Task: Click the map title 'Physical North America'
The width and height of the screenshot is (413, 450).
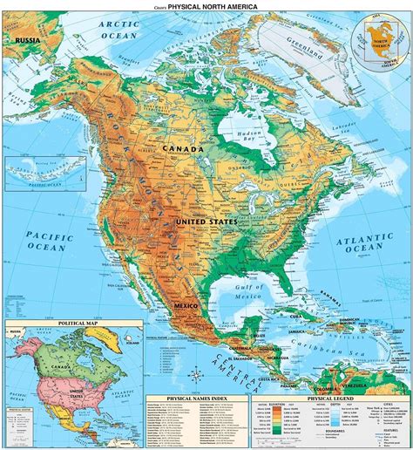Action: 211,7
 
